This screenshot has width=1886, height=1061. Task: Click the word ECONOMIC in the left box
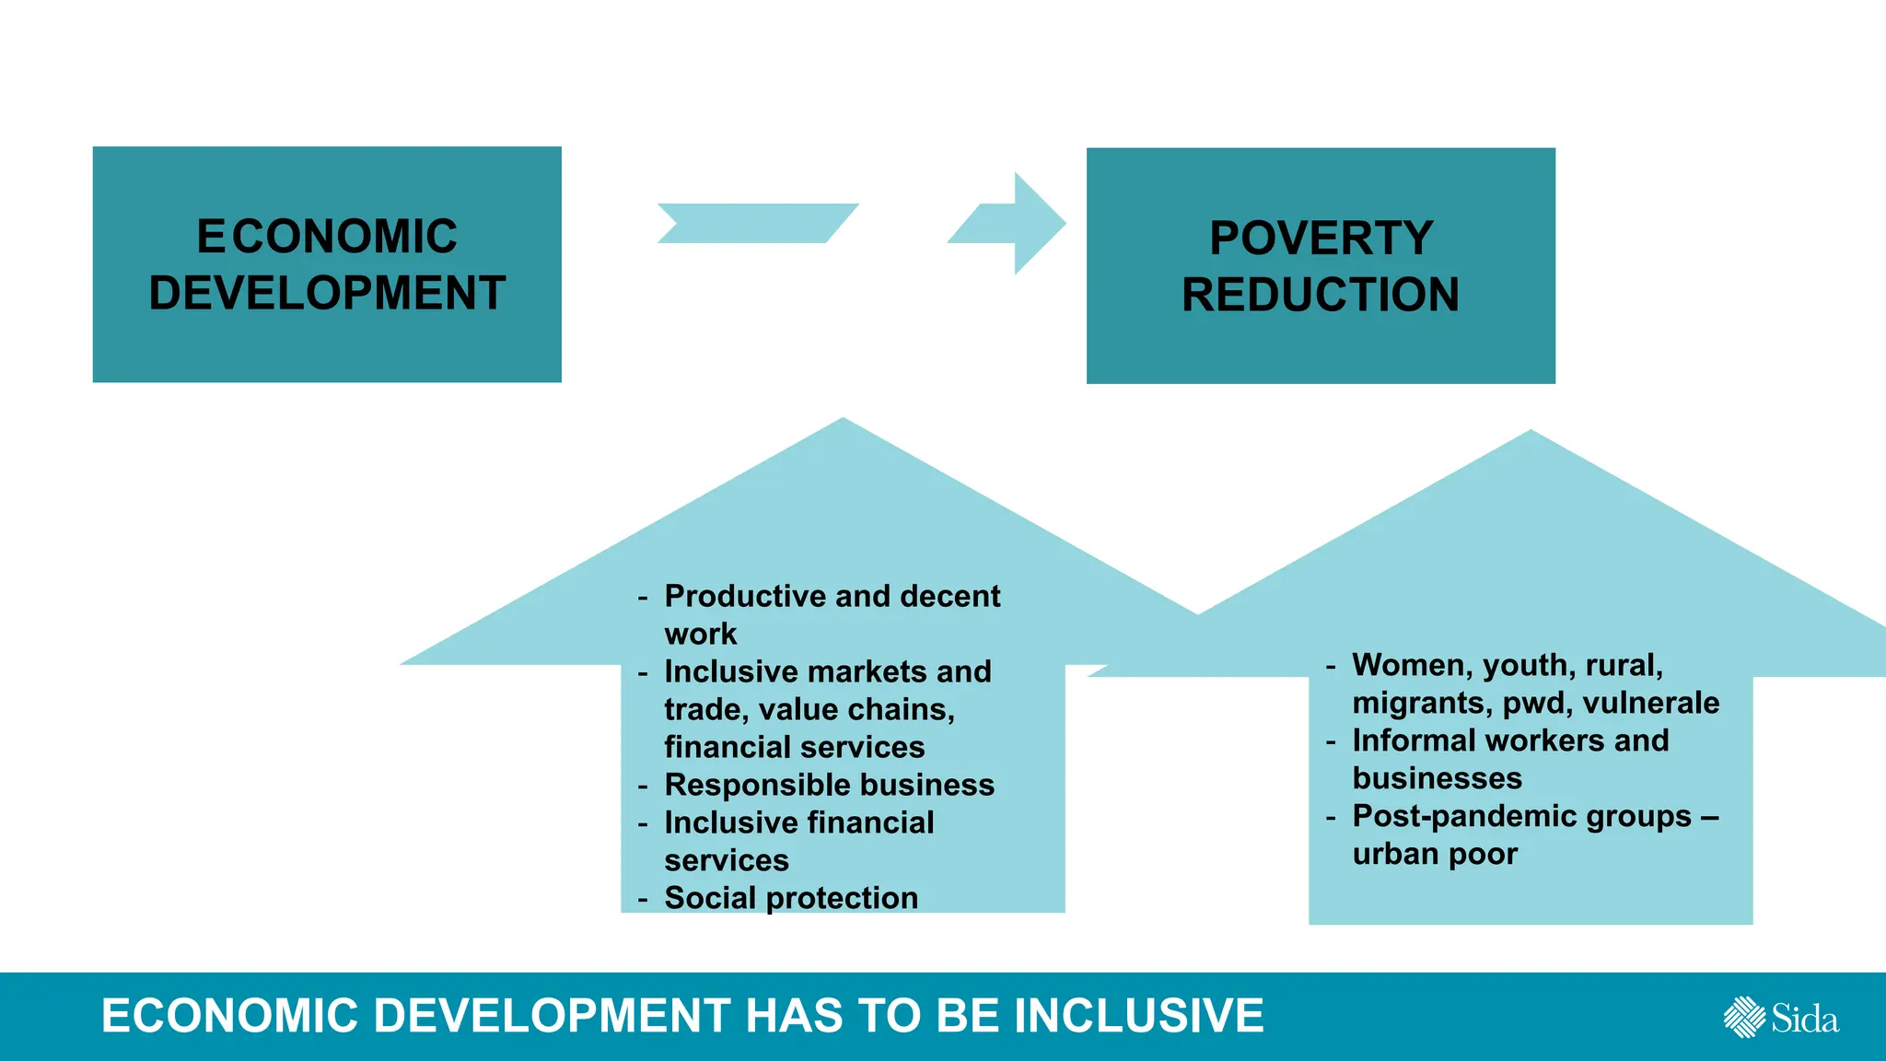[327, 237]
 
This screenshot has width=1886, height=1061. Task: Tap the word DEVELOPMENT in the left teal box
[327, 294]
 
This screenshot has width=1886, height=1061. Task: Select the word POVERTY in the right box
[1321, 239]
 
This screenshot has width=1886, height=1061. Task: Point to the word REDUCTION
[1321, 296]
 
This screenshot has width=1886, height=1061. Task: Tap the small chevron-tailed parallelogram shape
[755, 223]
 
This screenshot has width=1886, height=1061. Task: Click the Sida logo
[1781, 1018]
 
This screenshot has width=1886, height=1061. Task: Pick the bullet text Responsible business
[829, 785]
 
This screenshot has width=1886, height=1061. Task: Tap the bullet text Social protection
[791, 898]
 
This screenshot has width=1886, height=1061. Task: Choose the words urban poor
[1435, 854]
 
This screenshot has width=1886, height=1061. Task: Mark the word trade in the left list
[705, 709]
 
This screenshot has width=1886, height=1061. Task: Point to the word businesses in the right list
[1437, 778]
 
